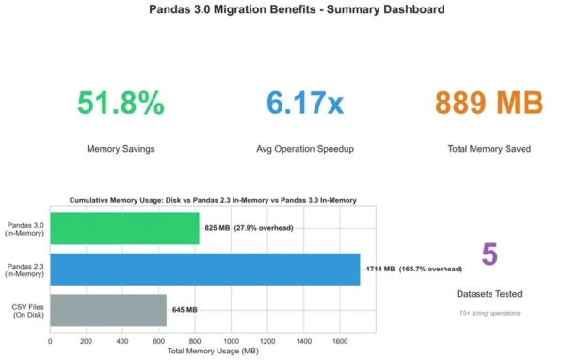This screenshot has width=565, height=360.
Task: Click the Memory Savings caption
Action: click(121, 148)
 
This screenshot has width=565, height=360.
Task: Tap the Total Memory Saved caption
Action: click(490, 148)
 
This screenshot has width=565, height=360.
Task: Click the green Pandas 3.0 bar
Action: click(124, 228)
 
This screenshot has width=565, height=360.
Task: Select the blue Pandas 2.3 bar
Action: click(204, 269)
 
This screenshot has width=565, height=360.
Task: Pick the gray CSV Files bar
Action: click(108, 310)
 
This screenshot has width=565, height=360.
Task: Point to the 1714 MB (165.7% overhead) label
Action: click(411, 269)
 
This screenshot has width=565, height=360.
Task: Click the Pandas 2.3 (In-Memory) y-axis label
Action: click(25, 269)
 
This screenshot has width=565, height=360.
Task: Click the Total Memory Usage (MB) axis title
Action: click(212, 352)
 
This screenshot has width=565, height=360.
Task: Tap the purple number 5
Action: click(490, 255)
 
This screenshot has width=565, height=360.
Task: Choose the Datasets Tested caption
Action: click(490, 295)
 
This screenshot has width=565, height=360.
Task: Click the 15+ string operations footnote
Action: click(490, 312)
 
